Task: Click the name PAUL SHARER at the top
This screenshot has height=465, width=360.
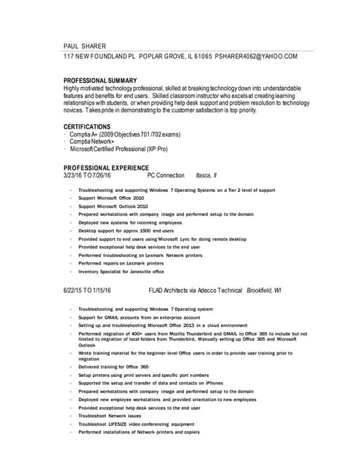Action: tap(84, 45)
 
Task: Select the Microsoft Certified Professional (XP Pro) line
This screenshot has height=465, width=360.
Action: tap(119, 149)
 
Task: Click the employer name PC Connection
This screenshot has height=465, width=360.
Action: tap(166, 176)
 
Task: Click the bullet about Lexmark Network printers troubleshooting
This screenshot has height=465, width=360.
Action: tap(140, 255)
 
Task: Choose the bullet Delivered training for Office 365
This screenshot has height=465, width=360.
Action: tap(113, 367)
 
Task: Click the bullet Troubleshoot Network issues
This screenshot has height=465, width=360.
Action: tap(110, 416)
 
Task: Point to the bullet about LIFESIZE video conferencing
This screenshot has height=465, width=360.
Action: tap(137, 424)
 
